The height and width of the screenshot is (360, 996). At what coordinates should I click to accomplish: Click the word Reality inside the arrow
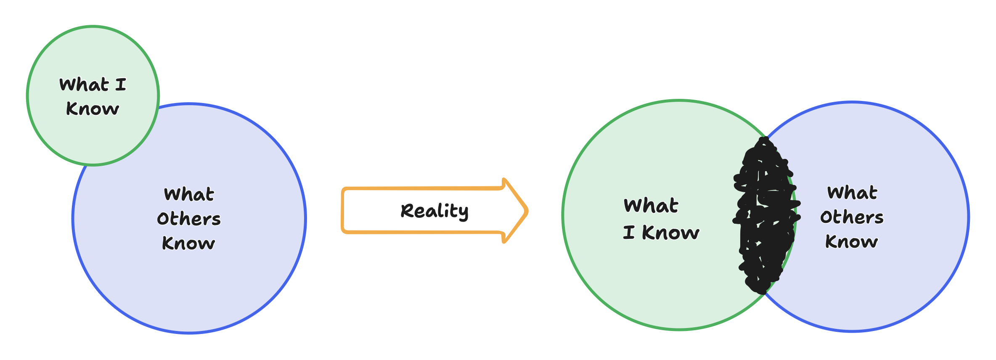tap(434, 211)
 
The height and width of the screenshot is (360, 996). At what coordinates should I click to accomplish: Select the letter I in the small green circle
tap(121, 85)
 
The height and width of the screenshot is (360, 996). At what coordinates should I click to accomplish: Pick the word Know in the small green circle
tap(93, 109)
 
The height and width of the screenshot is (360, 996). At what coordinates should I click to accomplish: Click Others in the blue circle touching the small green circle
tap(189, 219)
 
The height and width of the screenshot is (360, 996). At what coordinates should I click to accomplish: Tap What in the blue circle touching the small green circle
tap(189, 194)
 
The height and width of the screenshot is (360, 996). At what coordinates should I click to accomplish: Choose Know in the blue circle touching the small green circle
tap(188, 244)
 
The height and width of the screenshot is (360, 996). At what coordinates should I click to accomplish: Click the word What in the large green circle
tap(651, 206)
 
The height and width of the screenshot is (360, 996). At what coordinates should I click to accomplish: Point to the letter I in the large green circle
tap(629, 233)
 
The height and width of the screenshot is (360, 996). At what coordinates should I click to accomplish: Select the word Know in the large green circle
tap(670, 233)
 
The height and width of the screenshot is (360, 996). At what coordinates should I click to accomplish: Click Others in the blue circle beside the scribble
tap(852, 217)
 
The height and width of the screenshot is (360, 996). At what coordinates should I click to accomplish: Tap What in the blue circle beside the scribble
tap(852, 193)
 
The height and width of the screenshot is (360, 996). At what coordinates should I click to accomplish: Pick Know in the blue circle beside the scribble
tap(851, 242)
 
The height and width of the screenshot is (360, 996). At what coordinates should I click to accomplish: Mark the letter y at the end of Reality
tap(464, 213)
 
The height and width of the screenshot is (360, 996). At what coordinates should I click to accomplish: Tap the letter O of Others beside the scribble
tap(826, 217)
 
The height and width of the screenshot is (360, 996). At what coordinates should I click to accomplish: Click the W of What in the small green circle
tap(67, 85)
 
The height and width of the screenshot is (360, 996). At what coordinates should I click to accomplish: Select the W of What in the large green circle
tap(633, 206)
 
